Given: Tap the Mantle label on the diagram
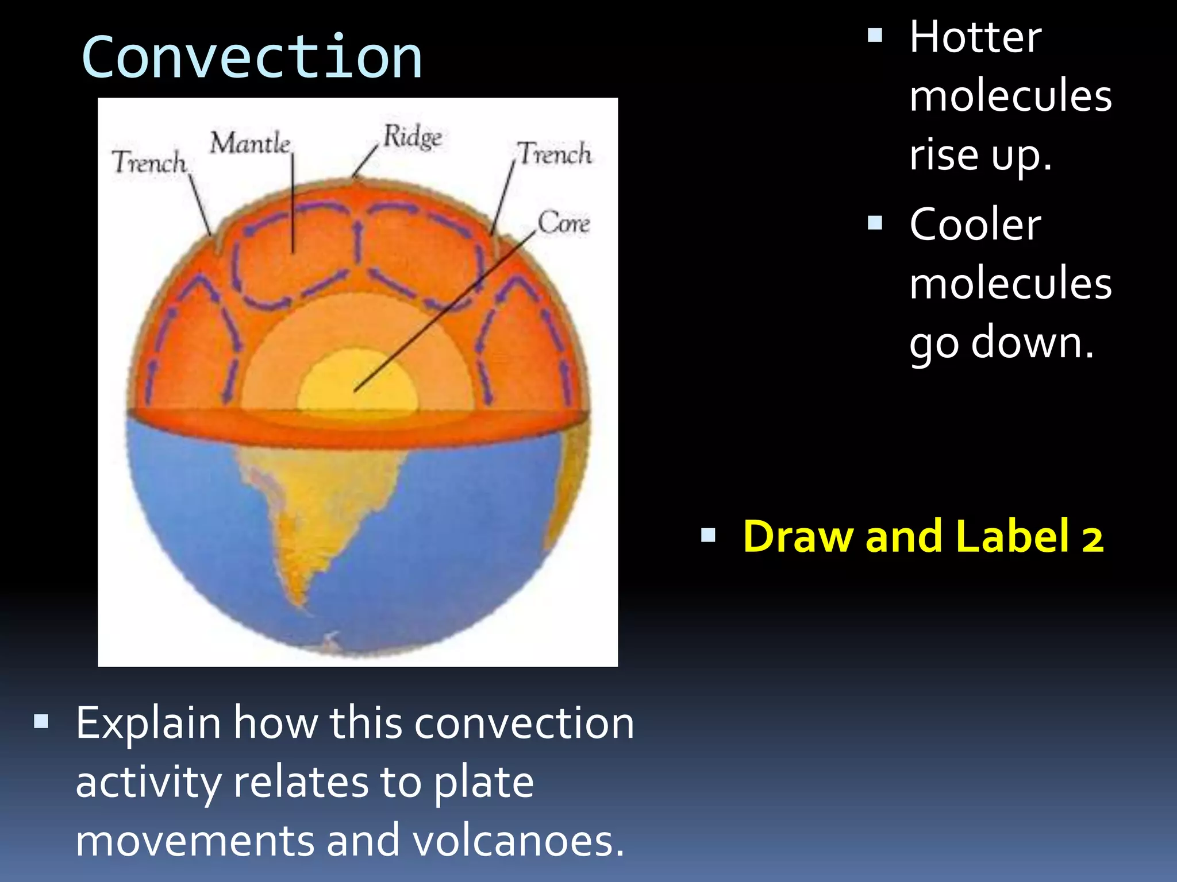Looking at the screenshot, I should point(250,143).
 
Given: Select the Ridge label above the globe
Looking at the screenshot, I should point(413,137).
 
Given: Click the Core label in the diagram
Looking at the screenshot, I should point(563,222).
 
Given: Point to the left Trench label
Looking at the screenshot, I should point(149,162).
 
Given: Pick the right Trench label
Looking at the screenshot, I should point(554,154).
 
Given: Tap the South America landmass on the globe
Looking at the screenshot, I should point(322,505).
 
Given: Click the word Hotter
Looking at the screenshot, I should point(975,37).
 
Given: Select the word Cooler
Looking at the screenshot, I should point(975,225).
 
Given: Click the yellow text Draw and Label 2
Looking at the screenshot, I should point(923,536).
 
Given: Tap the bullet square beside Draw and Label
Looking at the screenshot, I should point(708,536).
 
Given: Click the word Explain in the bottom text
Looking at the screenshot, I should point(148,723).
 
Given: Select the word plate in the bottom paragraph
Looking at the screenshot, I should point(483,782).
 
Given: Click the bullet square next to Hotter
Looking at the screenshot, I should point(875,36).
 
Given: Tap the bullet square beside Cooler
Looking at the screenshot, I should point(875,223).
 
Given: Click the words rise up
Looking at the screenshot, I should point(980,155).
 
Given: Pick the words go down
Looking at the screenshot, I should point(1001,342).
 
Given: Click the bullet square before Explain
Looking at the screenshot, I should point(41,721).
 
